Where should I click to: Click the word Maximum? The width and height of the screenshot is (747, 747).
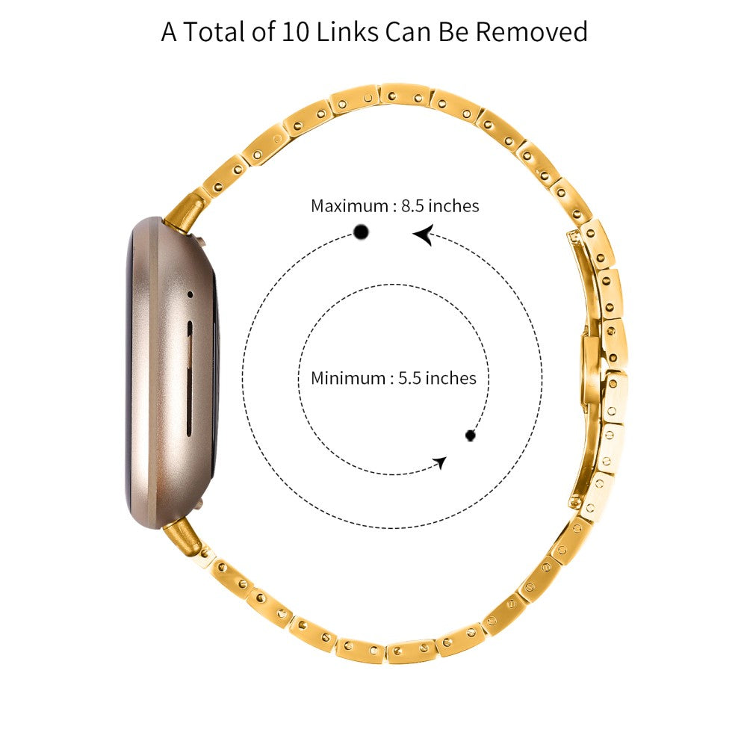[349, 205]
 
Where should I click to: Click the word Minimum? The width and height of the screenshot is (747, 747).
[347, 378]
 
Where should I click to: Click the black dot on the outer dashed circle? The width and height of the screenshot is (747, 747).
[362, 232]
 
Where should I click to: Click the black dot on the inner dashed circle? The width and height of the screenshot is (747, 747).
[471, 435]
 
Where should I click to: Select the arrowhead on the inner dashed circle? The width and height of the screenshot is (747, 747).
[441, 462]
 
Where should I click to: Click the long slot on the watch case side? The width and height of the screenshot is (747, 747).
[187, 377]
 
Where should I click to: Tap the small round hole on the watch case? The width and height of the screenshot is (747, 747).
[190, 294]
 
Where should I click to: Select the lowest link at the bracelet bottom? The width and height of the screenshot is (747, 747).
[409, 651]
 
